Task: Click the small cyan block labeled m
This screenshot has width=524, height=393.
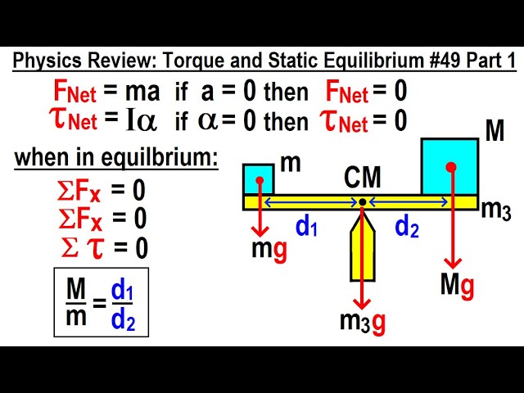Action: point(258,179)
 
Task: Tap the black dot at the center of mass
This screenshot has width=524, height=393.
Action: point(363,202)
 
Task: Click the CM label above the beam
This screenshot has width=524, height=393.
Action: point(362,176)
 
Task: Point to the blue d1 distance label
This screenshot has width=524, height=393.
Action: point(306,228)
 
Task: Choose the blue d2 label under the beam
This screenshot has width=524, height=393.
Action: point(407,228)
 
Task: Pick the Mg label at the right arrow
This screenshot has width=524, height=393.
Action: point(457,285)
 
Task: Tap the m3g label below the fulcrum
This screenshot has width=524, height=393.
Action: point(363,322)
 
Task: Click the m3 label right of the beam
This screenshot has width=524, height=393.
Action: point(495,210)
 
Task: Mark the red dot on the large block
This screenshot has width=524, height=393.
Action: point(450,167)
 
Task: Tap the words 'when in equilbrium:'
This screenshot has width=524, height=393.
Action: point(117,157)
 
